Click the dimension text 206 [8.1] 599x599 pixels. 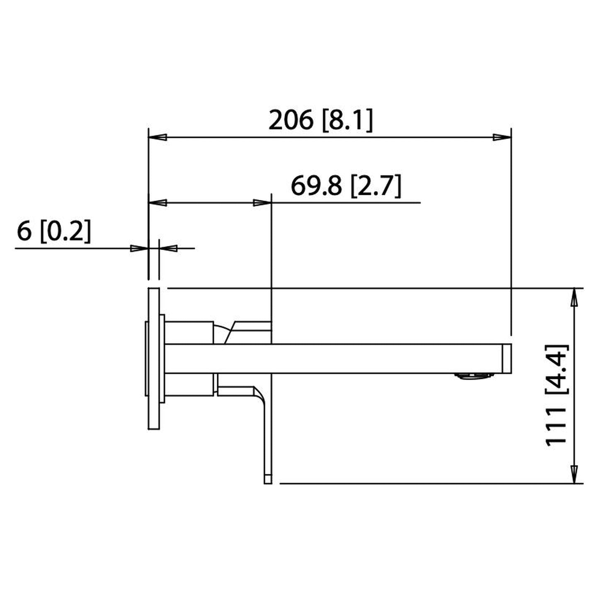(320, 120)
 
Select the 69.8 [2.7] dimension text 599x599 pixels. (346, 186)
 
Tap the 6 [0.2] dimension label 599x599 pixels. (53, 231)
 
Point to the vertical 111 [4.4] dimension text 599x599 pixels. (556, 395)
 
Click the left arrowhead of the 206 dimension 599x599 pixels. (158, 137)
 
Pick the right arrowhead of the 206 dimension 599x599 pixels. (502, 137)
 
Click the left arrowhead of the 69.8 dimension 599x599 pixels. (158, 202)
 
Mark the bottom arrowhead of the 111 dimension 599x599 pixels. (574, 474)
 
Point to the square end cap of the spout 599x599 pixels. (507, 359)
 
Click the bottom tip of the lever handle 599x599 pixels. (268, 479)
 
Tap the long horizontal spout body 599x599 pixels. (332, 359)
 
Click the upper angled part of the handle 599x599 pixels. (249, 332)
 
